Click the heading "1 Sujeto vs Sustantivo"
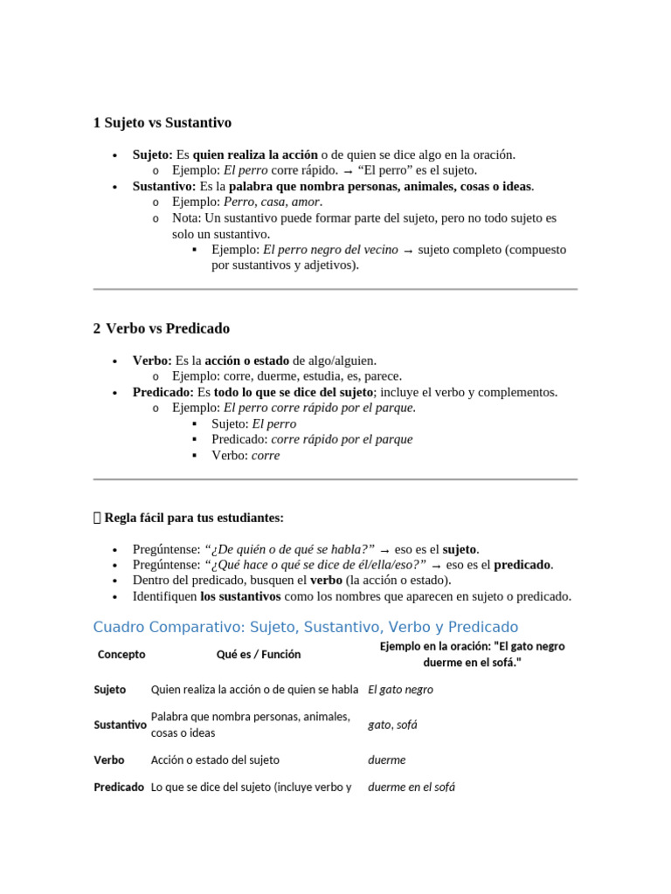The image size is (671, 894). tap(163, 123)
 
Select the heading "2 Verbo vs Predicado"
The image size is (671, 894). tap(162, 328)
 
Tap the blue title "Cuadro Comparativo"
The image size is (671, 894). tap(305, 627)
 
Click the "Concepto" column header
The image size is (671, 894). tap(121, 654)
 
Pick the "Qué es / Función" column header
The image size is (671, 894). tap(259, 654)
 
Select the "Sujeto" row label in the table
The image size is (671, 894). tap(110, 689)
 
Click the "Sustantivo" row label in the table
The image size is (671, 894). tap(120, 725)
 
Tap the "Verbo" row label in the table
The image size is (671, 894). tap(109, 760)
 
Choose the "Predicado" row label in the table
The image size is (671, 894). tap(119, 787)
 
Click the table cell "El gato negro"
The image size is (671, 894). tap(400, 689)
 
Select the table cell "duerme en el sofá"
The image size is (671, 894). tap(412, 787)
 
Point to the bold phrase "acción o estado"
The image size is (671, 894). tap(247, 361)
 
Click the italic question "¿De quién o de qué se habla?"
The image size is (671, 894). tap(289, 549)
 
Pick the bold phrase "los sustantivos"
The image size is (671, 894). tap(240, 596)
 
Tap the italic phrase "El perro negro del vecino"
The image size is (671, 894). tap(330, 250)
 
